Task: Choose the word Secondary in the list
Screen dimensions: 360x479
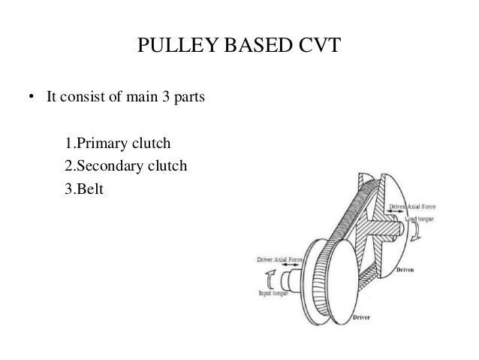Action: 108,165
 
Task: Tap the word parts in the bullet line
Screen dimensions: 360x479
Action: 188,98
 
